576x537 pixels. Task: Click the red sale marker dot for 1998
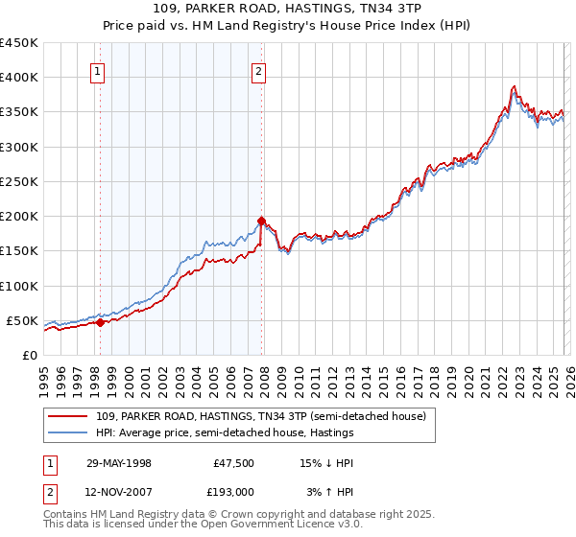point(100,322)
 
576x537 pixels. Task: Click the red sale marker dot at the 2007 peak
point(260,221)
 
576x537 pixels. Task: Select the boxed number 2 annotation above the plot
point(260,70)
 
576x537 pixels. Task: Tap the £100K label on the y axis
point(19,286)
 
